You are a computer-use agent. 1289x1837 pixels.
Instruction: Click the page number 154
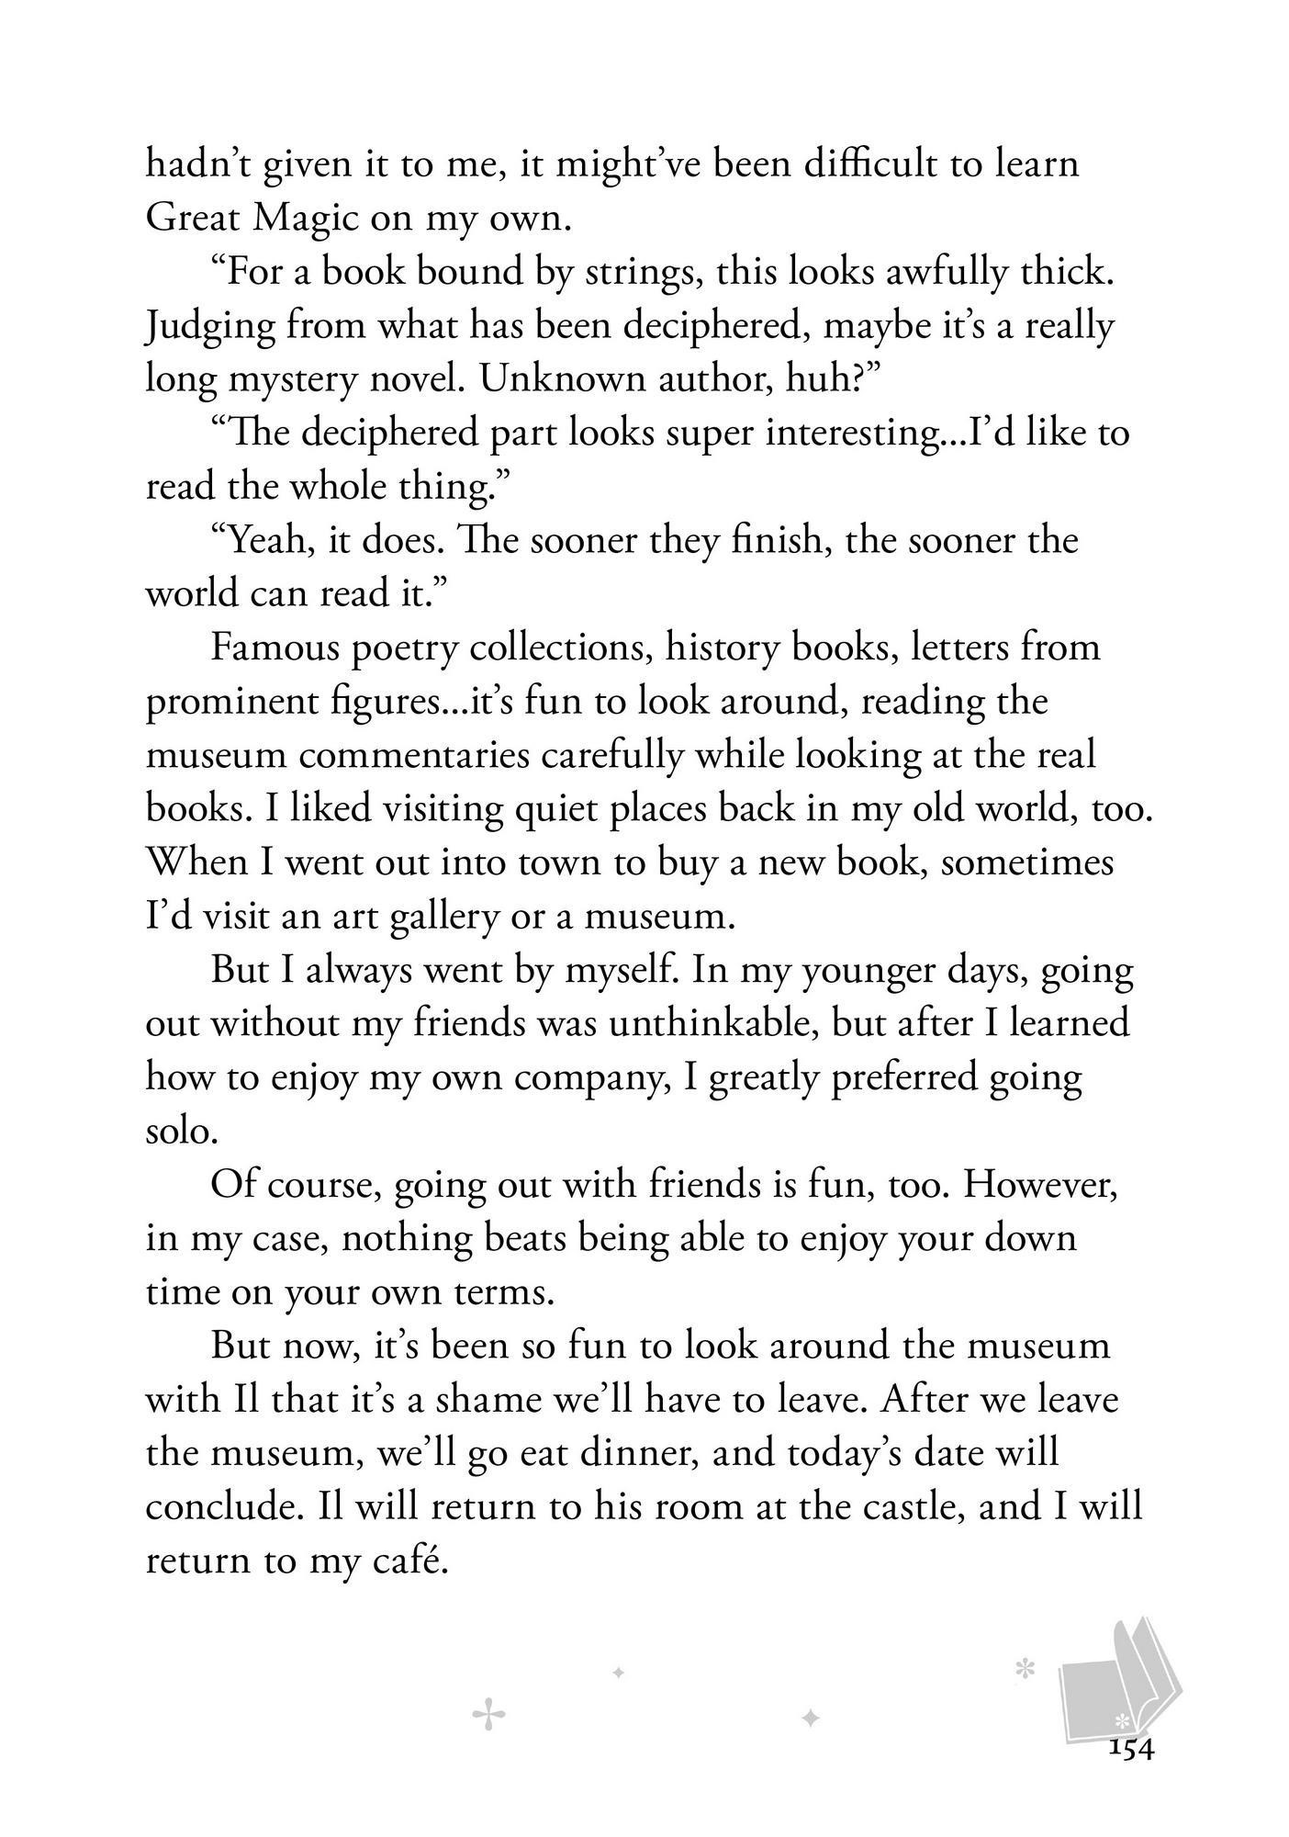tap(1130, 1749)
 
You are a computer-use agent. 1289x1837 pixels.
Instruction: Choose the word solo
tap(181, 1130)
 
